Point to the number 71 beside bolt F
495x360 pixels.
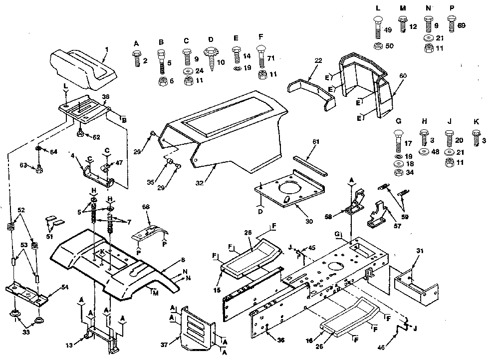tap(271, 58)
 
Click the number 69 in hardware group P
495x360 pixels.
tap(461, 25)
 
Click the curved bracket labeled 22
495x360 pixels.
tap(312, 91)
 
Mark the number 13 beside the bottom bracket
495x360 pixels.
tap(70, 345)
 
